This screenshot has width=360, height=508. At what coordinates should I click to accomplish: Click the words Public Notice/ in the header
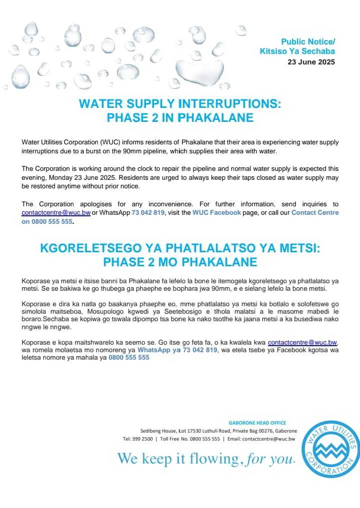[308, 41]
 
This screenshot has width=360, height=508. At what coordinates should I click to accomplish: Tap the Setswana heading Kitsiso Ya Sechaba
[297, 51]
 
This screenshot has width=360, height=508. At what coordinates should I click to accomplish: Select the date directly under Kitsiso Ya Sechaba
[311, 62]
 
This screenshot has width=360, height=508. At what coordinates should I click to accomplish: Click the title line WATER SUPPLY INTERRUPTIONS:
[180, 104]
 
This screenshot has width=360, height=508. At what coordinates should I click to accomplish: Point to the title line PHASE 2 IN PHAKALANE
[180, 118]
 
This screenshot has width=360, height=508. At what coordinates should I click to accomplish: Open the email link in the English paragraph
[56, 213]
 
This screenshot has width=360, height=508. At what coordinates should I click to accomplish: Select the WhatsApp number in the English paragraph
[148, 213]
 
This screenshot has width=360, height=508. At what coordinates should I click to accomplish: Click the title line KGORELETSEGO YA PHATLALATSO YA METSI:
[180, 248]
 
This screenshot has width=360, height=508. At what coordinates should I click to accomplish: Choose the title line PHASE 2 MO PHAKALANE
[180, 262]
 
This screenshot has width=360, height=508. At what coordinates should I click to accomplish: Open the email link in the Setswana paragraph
[302, 343]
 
